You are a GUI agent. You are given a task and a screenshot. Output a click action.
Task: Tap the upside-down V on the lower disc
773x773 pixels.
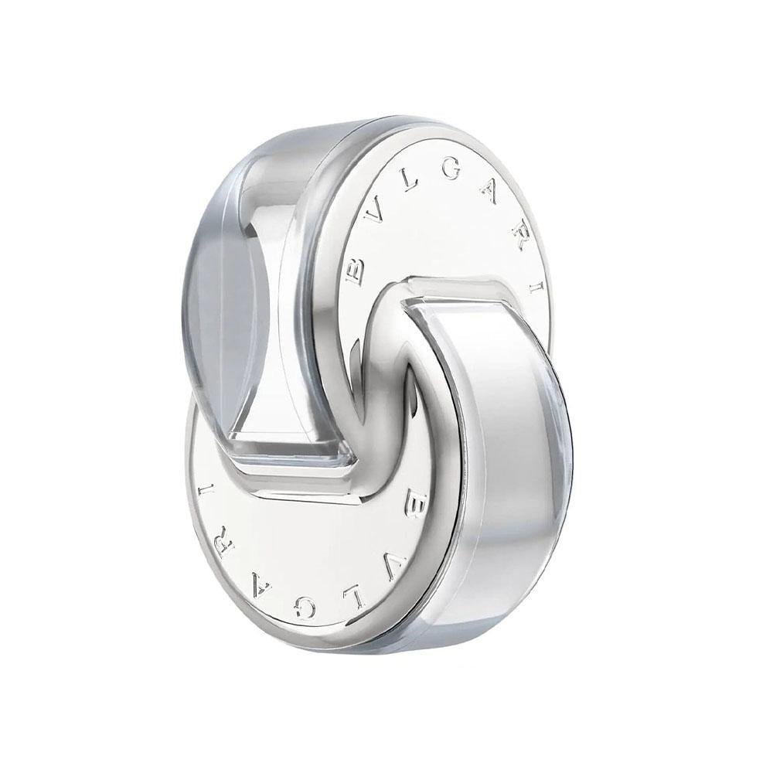[384, 563]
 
